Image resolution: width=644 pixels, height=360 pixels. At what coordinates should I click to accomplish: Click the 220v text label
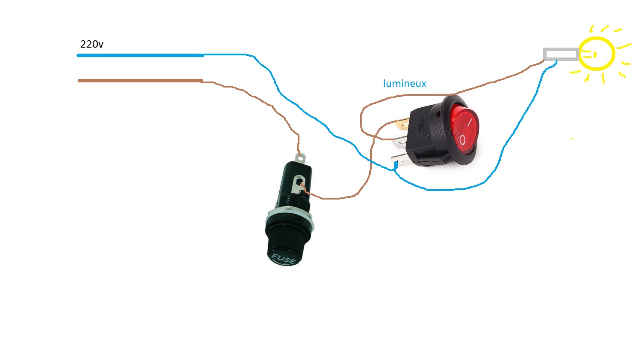[x=92, y=44]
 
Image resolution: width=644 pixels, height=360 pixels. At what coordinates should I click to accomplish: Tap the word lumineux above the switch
[x=405, y=84]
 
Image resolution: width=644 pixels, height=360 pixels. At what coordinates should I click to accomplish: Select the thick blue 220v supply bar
[x=140, y=55]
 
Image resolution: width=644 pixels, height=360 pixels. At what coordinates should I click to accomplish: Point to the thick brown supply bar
[x=140, y=81]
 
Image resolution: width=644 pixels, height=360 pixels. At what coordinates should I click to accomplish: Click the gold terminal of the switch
[x=402, y=124]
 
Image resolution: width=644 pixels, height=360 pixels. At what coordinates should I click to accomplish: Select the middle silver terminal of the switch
[x=400, y=141]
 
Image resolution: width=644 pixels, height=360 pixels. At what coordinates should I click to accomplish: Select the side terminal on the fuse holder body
[x=298, y=185]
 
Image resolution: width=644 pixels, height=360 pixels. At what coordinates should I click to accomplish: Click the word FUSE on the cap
[x=283, y=259]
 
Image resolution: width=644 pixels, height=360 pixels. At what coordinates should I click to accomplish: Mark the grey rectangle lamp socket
[x=561, y=54]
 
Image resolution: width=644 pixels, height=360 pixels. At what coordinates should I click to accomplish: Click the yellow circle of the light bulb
[x=596, y=54]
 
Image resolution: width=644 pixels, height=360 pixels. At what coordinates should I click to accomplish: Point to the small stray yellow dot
[x=571, y=139]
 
